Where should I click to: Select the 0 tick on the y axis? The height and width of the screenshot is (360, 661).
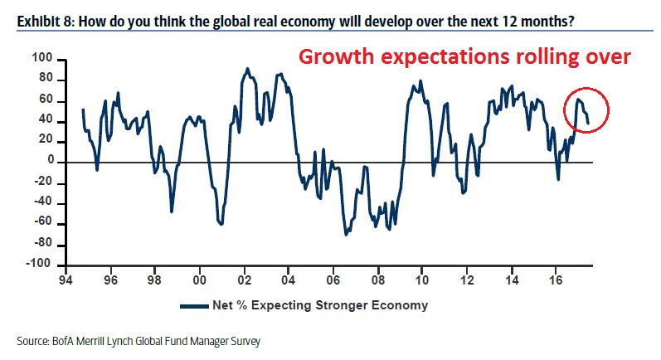coord(50,161)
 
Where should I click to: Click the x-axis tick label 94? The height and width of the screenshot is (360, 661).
coord(65,281)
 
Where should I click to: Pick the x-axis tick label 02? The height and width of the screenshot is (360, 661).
coord(244,281)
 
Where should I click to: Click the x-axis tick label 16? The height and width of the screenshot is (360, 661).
coord(557,281)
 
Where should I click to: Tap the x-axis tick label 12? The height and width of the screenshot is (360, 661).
coord(467,281)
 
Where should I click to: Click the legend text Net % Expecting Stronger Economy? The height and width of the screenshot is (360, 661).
coord(318,305)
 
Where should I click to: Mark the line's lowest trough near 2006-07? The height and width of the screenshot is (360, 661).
coord(346,235)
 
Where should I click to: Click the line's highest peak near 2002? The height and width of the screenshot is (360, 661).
coord(248,69)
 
